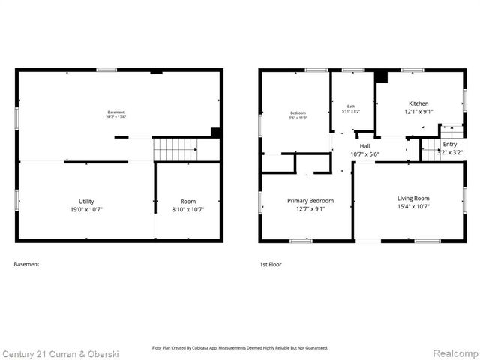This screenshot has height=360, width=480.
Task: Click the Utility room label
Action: [x=87, y=201]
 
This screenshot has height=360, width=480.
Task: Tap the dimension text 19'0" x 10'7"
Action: [x=87, y=209]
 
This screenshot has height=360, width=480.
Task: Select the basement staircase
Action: [x=175, y=148]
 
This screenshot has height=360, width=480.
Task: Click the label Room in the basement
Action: [x=187, y=201]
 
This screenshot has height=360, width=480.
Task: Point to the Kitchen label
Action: [x=418, y=103]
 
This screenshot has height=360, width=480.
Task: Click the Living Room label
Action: [x=413, y=198]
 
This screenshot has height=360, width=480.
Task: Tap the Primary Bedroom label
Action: [x=311, y=201]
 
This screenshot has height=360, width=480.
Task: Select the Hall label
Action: [x=364, y=146]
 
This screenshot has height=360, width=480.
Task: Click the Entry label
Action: [x=450, y=144]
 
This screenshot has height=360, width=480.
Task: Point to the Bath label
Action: [x=351, y=106]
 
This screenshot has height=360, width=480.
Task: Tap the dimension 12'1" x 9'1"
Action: [x=418, y=112]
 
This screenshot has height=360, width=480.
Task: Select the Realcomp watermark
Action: [x=452, y=352]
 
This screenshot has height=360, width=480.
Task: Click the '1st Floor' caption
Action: [x=270, y=264]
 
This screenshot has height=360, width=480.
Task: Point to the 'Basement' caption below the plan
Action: [x=27, y=264]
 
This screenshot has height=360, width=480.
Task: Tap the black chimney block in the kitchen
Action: [x=380, y=76]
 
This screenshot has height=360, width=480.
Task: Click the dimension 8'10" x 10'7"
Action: [x=187, y=209]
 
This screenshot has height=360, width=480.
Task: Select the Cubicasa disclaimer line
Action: [x=240, y=348]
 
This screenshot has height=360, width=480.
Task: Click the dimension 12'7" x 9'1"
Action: [x=311, y=209]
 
